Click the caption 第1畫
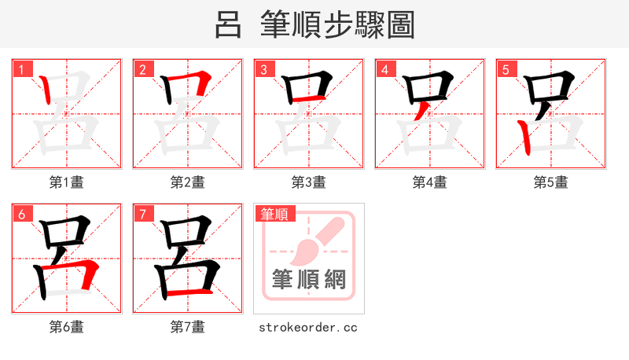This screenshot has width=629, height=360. point(67,182)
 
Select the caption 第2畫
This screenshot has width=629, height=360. point(188,182)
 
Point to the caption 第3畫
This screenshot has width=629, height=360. point(309,182)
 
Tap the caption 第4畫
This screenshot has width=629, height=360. point(430,182)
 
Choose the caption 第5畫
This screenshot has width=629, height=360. point(551,182)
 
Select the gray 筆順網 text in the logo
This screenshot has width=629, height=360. point(308,279)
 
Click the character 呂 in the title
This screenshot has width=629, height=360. point(228,25)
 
